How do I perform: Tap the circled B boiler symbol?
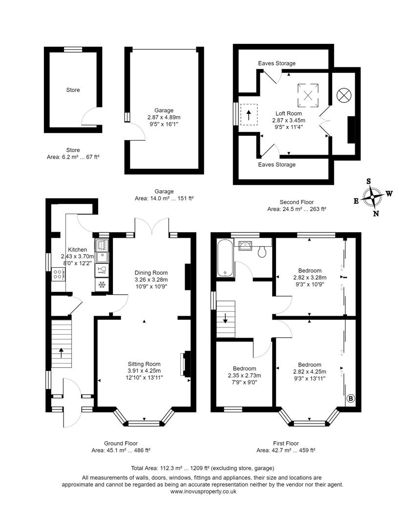(350, 398)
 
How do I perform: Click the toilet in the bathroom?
(262, 251)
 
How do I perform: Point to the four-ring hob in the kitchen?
(57, 274)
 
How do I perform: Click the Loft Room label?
(288, 113)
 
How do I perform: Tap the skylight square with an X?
(308, 94)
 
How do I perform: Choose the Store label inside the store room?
(73, 90)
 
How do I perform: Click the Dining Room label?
(151, 273)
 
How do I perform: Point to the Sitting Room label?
(144, 364)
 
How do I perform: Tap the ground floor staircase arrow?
(61, 352)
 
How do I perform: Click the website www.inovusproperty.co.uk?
(203, 492)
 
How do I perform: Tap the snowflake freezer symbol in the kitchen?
(102, 284)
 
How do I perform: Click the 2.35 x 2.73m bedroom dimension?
(244, 375)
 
